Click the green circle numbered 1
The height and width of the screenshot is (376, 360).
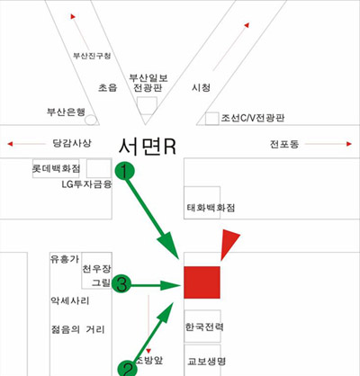pyautogui.click(x=124, y=171)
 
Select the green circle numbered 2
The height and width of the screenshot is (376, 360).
pyautogui.click(x=128, y=369)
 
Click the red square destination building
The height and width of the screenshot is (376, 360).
pyautogui.click(x=202, y=282)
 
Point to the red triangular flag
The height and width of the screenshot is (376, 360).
pyautogui.click(x=229, y=244)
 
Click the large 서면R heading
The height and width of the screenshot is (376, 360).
pyautogui.click(x=147, y=147)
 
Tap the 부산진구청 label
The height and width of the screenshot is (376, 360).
pyautogui.click(x=92, y=56)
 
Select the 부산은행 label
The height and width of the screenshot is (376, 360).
pyautogui.click(x=66, y=112)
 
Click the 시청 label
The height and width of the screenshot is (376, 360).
pyautogui.click(x=201, y=87)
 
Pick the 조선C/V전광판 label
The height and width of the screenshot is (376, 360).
pyautogui.click(x=253, y=118)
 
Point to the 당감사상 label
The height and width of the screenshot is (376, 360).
pyautogui.click(x=72, y=143)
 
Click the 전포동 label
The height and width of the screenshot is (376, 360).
pyautogui.click(x=284, y=144)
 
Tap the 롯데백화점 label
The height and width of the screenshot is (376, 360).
pyautogui.click(x=56, y=168)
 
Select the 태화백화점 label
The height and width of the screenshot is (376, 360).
pyautogui.click(x=211, y=208)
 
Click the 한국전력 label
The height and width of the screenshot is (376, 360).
pyautogui.click(x=204, y=327)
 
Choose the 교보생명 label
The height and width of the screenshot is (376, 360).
pyautogui.click(x=206, y=361)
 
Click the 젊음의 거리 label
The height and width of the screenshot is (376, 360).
pyautogui.click(x=78, y=329)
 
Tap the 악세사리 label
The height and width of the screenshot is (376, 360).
pyautogui.click(x=70, y=300)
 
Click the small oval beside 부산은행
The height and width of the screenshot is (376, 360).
pyautogui.click(x=91, y=120)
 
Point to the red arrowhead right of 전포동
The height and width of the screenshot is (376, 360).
pyautogui.click(x=349, y=144)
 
